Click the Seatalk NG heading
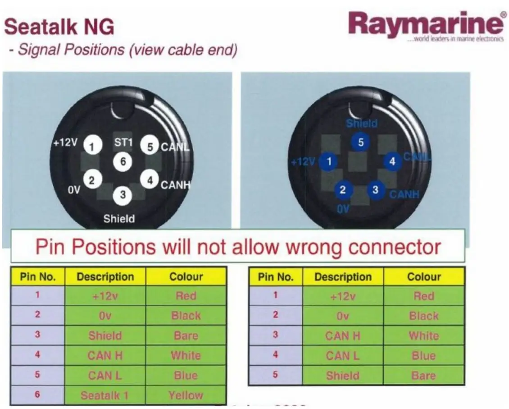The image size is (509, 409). click(59, 27)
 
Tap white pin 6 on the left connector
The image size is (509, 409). click(123, 161)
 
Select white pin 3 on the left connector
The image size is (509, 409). click(123, 195)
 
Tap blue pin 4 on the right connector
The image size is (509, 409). click(392, 161)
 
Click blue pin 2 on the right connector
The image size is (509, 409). click(343, 190)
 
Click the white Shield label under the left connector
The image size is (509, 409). click(119, 219)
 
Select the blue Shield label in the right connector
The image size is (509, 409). click(362, 123)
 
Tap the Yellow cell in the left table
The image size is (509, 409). click(186, 395)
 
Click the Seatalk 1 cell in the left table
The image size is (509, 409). click(105, 395)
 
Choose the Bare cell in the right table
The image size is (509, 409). click(423, 376)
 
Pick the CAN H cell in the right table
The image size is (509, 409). click(343, 336)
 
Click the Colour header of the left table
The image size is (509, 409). click(186, 276)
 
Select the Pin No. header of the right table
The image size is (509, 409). click(276, 277)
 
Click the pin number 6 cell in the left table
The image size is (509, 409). click(37, 395)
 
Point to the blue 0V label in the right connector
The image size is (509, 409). click(343, 209)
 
